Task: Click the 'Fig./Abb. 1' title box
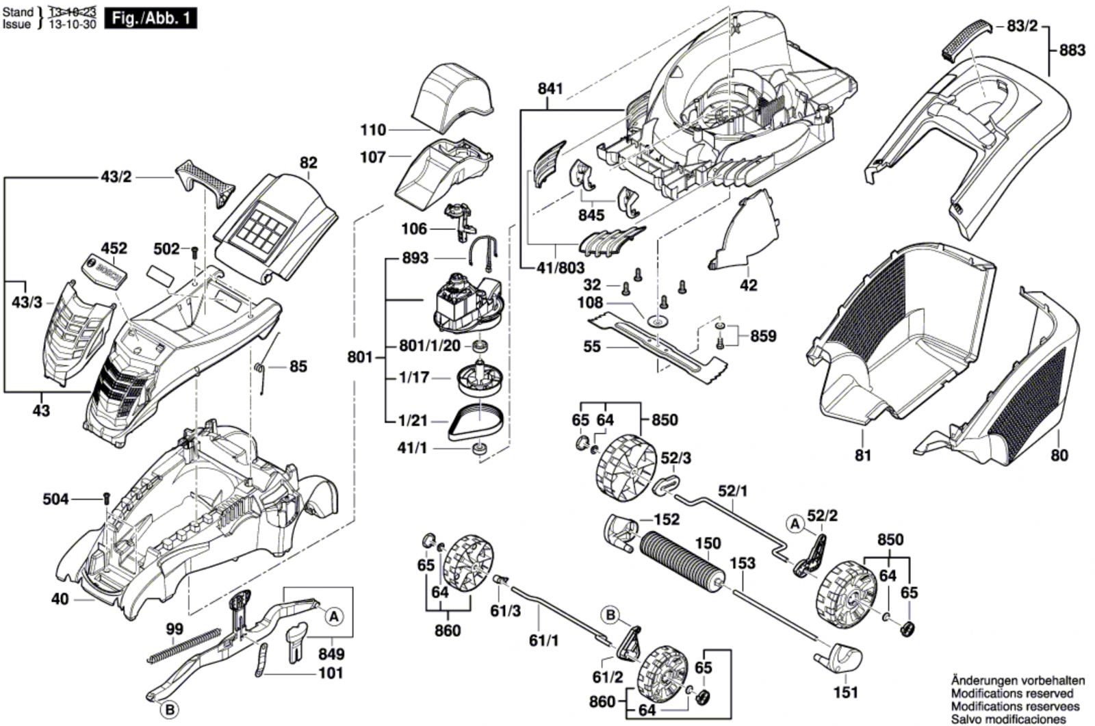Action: coord(150,18)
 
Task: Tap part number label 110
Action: coord(373,129)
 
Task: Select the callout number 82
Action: coord(309,163)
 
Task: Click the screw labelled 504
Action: coord(106,497)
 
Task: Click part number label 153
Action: coord(743,563)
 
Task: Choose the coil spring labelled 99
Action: coord(184,645)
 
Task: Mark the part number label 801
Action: coord(359,357)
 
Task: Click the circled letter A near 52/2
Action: coord(795,524)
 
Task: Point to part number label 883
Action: coord(1072,50)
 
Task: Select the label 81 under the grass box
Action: coord(864,454)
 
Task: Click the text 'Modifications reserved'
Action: coord(1017,693)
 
